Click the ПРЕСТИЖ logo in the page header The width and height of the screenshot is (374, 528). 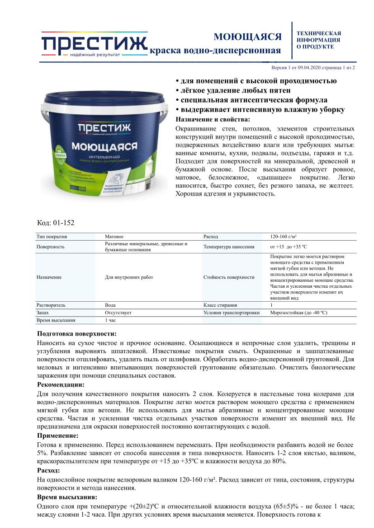(x=94, y=45)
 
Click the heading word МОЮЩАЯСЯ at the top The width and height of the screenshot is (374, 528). (x=247, y=37)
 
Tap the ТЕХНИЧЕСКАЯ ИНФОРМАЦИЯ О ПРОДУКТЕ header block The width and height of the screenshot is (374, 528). (x=318, y=40)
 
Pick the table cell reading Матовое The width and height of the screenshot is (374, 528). (x=114, y=236)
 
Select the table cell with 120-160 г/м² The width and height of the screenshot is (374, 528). (x=283, y=236)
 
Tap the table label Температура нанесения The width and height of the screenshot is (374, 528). (x=229, y=247)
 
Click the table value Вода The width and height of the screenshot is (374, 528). (x=110, y=305)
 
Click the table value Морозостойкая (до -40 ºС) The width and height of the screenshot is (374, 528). (x=298, y=312)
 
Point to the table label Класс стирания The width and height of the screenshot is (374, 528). (x=220, y=305)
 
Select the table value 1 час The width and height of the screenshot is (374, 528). (x=111, y=320)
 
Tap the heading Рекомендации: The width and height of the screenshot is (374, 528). (x=61, y=384)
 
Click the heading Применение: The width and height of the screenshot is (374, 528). (x=57, y=435)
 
